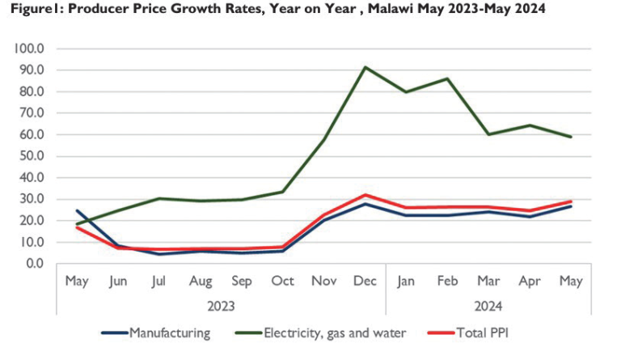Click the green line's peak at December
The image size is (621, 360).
coord(365,67)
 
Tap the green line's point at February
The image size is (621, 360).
coord(447,78)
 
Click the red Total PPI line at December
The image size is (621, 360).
coord(365,194)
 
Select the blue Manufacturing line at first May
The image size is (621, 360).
coord(77,210)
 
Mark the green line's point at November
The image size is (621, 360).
coord(323,140)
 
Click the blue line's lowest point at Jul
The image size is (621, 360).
coord(159,254)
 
